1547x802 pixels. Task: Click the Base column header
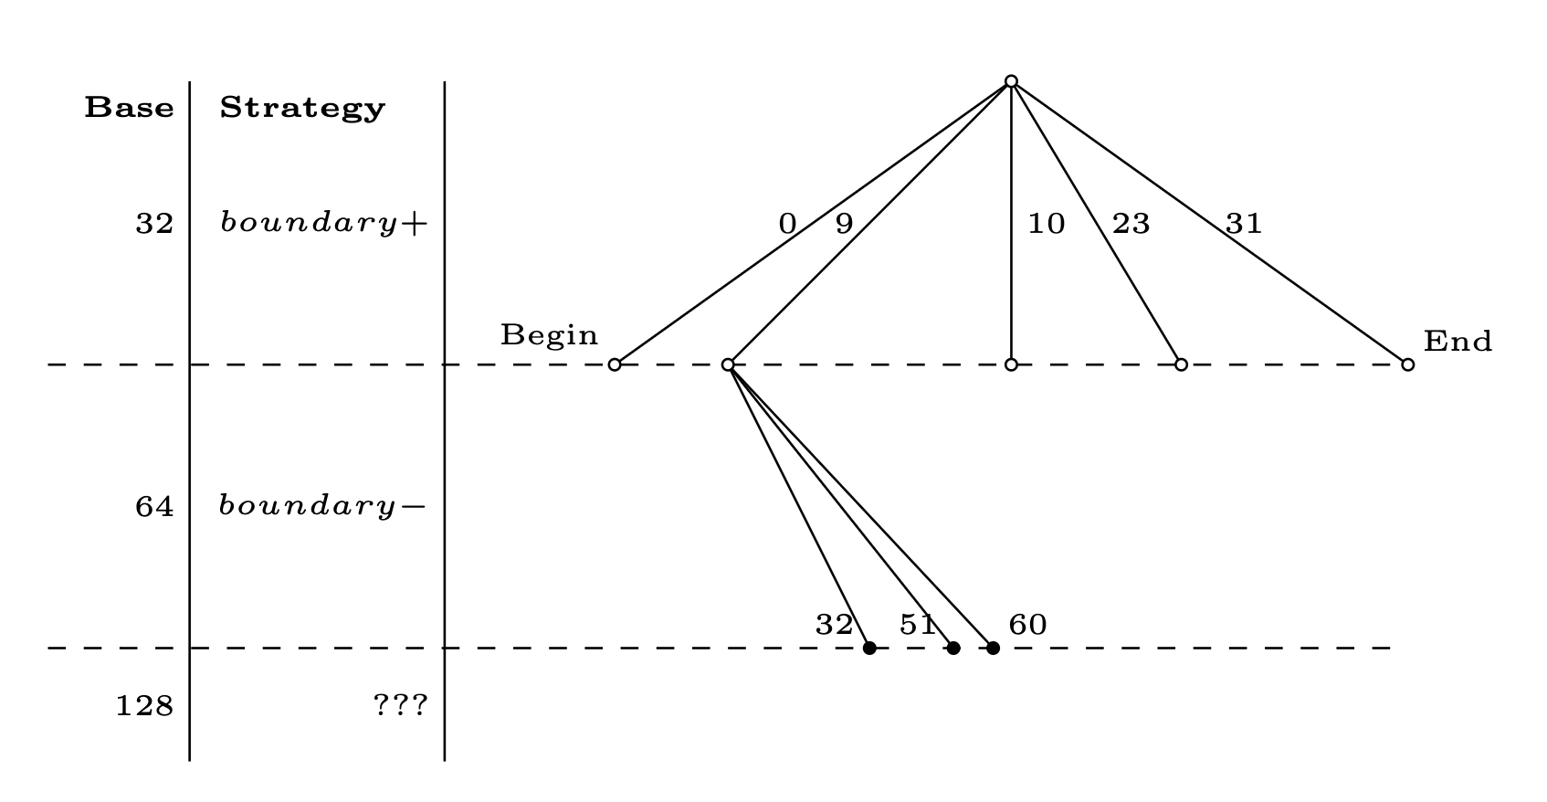coord(129,108)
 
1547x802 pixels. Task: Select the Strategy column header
coord(302,109)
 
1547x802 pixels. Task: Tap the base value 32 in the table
coord(154,223)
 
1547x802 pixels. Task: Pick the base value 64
coord(154,507)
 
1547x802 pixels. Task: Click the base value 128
coord(144,706)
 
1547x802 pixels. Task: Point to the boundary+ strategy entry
coord(323,224)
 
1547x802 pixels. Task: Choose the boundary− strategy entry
coord(322,506)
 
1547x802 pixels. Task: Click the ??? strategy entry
coord(400,705)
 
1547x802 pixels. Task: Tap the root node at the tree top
coord(1011,81)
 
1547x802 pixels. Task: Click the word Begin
coord(549,335)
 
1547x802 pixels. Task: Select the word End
coord(1458,342)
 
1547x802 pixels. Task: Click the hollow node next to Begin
coord(615,364)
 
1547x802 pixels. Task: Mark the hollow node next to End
coord(1407,364)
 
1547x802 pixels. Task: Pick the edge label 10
coord(1046,224)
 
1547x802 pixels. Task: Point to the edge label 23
coord(1131,224)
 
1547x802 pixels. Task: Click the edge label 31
coord(1244,224)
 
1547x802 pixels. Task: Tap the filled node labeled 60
coord(993,649)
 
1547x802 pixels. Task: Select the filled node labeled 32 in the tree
coord(869,649)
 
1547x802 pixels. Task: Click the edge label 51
coord(917,625)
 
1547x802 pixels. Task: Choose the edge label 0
coord(787,224)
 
